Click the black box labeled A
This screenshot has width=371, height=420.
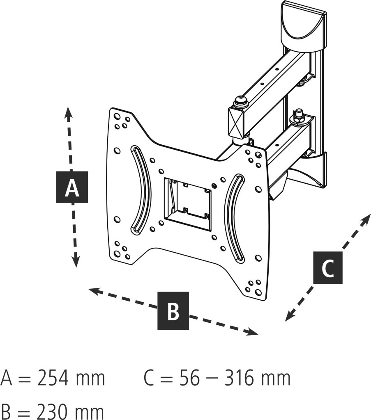point(72,187)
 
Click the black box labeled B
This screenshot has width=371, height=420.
point(173,311)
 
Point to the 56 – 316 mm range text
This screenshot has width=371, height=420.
point(235,378)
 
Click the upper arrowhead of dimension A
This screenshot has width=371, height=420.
point(69,112)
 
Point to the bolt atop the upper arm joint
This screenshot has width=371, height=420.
point(240,100)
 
